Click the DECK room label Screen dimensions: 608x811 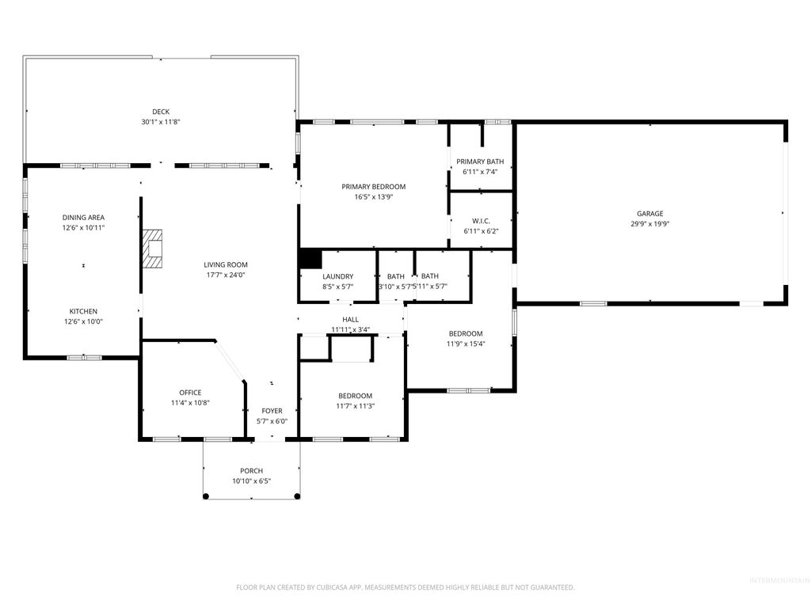click(x=161, y=112)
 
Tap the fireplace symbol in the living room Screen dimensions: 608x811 click(x=152, y=251)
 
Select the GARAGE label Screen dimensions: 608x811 click(x=650, y=213)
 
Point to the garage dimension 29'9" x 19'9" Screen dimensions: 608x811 click(x=650, y=223)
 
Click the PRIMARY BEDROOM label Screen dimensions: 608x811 click(x=373, y=187)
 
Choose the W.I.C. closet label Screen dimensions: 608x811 click(x=481, y=221)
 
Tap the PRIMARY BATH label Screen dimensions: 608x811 click(x=480, y=161)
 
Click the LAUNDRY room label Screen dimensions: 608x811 click(x=337, y=276)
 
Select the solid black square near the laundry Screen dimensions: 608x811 click(x=310, y=259)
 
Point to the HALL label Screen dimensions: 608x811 click(x=350, y=319)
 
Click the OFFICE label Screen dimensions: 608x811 click(x=190, y=393)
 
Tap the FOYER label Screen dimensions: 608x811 click(x=272, y=411)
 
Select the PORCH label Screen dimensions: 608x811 click(x=251, y=471)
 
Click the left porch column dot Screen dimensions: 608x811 click(x=206, y=496)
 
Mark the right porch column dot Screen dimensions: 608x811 click(x=297, y=496)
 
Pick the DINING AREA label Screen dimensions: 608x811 click(x=83, y=218)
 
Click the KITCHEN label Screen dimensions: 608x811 click(x=83, y=311)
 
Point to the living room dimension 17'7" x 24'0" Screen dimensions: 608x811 click(x=226, y=275)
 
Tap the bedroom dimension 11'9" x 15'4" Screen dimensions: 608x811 click(x=466, y=344)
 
